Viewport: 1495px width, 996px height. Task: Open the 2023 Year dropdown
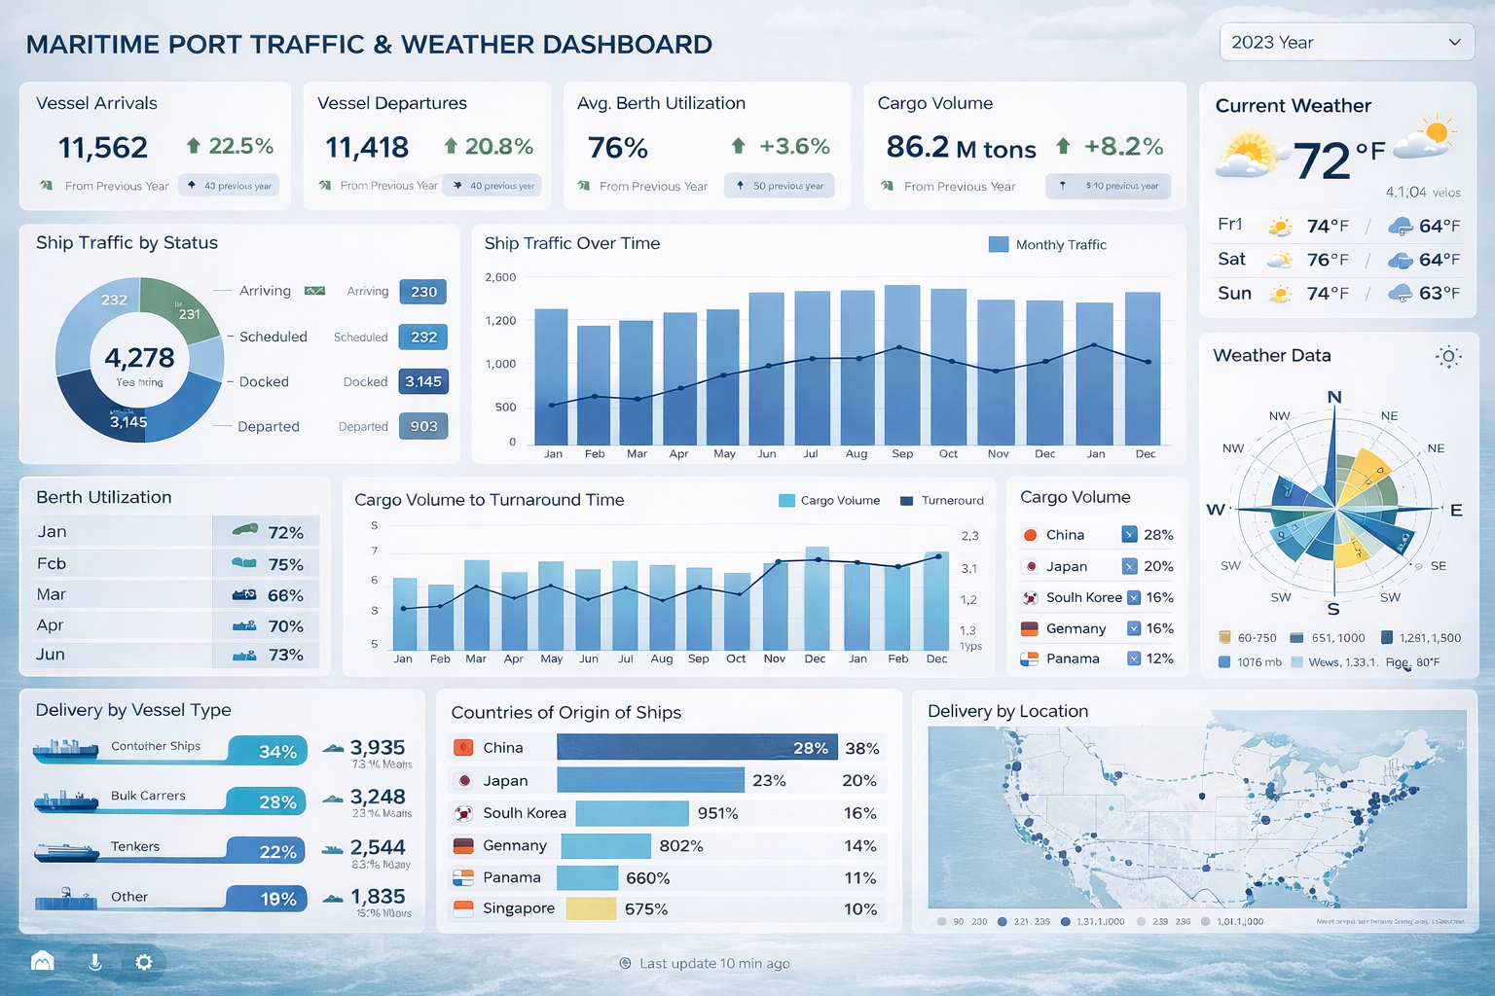click(x=1346, y=43)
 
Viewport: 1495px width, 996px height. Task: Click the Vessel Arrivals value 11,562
click(x=103, y=148)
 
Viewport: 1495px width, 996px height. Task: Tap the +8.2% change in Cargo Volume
click(x=1123, y=147)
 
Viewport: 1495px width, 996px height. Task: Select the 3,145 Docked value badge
click(x=423, y=381)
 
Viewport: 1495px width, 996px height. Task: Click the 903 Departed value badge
click(x=423, y=426)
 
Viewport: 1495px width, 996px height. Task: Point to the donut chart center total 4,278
click(x=139, y=358)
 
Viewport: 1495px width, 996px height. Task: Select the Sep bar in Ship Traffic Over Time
click(x=902, y=365)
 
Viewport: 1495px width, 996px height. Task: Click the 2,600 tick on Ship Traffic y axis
click(x=500, y=277)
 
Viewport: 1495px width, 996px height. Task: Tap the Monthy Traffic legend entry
click(x=1048, y=245)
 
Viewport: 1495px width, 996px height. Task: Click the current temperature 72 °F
click(x=1337, y=159)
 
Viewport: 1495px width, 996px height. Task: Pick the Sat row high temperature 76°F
click(x=1328, y=260)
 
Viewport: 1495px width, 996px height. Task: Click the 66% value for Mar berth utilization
click(x=285, y=595)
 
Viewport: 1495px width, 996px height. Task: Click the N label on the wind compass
click(x=1334, y=397)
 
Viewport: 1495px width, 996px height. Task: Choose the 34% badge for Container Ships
click(x=277, y=752)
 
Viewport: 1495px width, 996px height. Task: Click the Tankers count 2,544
click(x=378, y=847)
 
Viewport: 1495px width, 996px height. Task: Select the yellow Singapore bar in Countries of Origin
click(x=591, y=908)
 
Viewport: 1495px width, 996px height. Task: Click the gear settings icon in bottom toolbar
click(x=144, y=962)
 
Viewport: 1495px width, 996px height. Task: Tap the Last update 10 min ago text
click(x=713, y=964)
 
